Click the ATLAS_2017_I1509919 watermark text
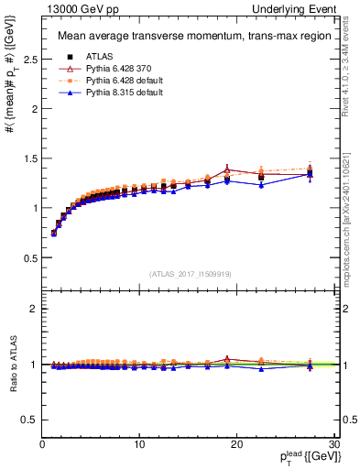[189, 273]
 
